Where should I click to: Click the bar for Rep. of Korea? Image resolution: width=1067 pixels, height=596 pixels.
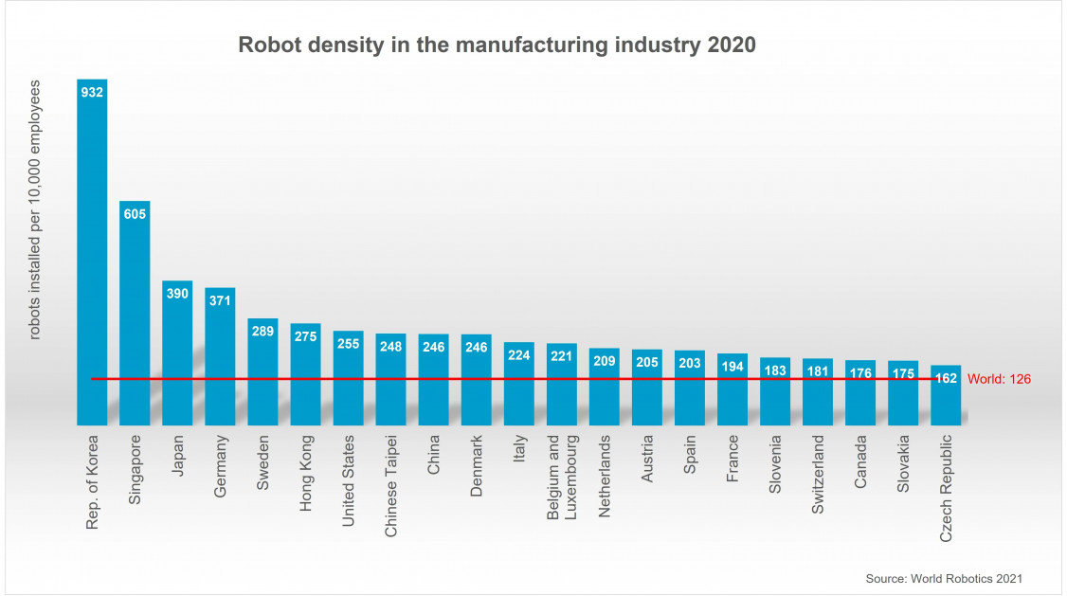92,256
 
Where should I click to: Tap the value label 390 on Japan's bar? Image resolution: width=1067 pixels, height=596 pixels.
177,294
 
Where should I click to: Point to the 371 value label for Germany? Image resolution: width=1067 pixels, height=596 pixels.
220,300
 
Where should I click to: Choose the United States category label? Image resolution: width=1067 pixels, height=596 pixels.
348,480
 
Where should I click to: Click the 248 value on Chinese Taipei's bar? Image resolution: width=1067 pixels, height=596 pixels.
390,347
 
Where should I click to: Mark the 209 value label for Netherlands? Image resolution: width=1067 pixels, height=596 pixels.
604,361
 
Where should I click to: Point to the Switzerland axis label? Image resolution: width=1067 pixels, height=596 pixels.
817,475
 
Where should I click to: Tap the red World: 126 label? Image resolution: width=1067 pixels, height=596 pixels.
999,379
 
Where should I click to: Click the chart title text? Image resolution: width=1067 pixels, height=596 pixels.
497,45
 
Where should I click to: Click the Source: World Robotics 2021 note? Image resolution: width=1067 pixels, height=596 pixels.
944,578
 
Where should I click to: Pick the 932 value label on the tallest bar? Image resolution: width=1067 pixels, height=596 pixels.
92,92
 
